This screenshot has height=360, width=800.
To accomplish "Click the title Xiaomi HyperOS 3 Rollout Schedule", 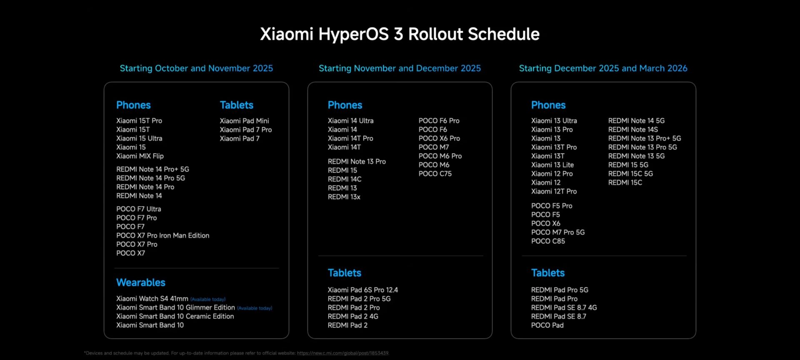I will pos(400,34).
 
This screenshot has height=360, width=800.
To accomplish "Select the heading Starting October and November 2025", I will pos(196,68).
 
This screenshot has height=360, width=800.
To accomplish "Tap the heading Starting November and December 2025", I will pos(400,68).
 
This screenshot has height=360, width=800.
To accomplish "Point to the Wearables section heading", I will pos(141,282).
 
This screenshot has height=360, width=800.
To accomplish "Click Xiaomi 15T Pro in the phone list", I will pos(139,121).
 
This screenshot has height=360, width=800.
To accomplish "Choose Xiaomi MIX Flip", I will pos(140,156).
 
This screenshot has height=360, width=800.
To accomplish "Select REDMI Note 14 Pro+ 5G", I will pos(152,169).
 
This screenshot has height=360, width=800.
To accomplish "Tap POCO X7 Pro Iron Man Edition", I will pos(162,235).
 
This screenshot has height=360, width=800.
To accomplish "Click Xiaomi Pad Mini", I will pos(244,121).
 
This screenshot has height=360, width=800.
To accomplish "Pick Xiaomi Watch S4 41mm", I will pos(152,299).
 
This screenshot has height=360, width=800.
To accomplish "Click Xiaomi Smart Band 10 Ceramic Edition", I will pos(175,316).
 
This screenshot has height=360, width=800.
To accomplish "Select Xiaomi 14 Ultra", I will pos(350,121).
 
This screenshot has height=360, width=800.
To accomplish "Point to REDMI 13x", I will pos(344,197).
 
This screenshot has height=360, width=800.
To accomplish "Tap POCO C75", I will pos(435,174).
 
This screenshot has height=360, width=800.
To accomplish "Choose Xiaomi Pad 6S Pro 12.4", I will pos(362,290).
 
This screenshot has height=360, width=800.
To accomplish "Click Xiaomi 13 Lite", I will pos(552,165).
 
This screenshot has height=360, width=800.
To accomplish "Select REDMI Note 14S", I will pos(633,130).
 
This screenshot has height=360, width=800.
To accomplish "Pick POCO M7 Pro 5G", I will pos(558,232).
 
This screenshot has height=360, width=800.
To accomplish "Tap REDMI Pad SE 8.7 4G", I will pos(564,307).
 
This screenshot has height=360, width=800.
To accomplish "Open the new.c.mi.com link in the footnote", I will pos(342,353).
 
